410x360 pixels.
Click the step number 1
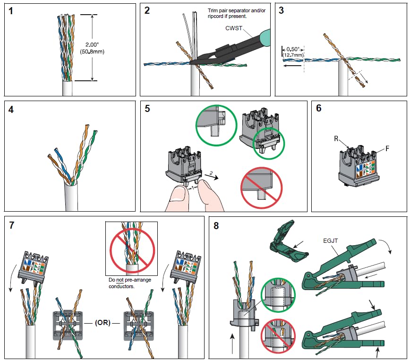(x=10, y=11)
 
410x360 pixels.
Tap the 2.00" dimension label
(x=92, y=45)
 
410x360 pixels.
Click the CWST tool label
(x=234, y=28)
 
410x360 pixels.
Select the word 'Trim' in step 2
(x=213, y=10)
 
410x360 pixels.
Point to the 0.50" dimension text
(x=293, y=49)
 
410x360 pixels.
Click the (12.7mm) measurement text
(x=293, y=55)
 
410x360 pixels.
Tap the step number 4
(x=11, y=110)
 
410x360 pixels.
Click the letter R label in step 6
(x=336, y=138)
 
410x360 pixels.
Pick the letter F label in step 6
(x=387, y=148)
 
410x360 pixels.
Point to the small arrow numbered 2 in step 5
(x=211, y=176)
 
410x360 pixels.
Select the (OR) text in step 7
(x=102, y=323)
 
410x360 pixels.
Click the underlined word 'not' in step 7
(x=120, y=280)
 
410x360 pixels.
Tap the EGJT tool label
(x=331, y=241)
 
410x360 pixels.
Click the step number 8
(x=216, y=226)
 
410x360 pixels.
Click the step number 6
(x=319, y=108)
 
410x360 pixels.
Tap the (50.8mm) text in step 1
(x=92, y=51)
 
